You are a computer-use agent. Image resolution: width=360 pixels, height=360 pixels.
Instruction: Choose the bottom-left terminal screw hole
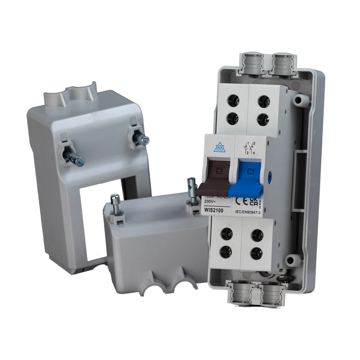coord(226,251)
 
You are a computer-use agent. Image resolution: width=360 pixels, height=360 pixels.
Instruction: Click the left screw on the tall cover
coord(78,162)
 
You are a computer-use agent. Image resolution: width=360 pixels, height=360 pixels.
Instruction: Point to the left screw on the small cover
coord(114,199)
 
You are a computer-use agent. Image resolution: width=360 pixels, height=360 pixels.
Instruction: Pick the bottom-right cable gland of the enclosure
coord(272,294)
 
